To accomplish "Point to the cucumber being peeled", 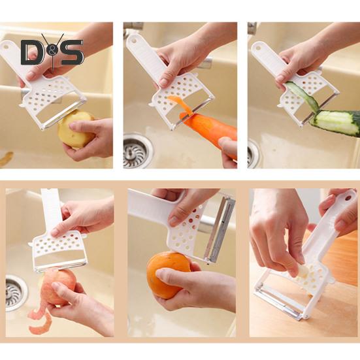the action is coord(335,122).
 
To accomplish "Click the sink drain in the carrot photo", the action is coord(137,150).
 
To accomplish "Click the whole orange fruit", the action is coord(169,275).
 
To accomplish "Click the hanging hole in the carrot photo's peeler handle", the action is coord(133,41).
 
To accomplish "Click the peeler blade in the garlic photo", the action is coord(280,303).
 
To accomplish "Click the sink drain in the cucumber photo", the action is coord(254,154).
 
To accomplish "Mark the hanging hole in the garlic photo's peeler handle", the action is coord(348,198).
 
